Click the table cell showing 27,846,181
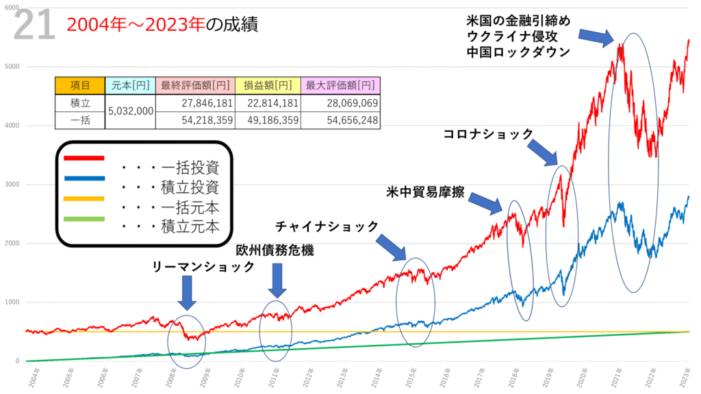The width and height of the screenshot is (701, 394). [x=195, y=103]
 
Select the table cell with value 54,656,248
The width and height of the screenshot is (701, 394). [x=341, y=120]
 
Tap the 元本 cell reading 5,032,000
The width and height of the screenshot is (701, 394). [x=131, y=111]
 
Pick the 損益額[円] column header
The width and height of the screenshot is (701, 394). [x=267, y=86]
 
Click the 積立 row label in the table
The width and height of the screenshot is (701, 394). [x=80, y=103]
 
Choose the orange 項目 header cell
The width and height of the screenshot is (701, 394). [x=80, y=86]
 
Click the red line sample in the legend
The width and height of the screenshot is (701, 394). [x=84, y=158]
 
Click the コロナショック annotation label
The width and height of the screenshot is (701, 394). [x=488, y=134]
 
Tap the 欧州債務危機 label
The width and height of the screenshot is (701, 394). [x=275, y=250]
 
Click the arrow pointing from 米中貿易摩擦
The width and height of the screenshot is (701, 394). [x=490, y=202]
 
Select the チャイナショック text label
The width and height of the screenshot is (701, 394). [x=327, y=226]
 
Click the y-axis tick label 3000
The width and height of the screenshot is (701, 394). [x=14, y=185]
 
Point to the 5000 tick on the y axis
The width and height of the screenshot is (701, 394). [x=14, y=67]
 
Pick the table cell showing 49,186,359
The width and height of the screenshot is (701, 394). [x=267, y=120]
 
